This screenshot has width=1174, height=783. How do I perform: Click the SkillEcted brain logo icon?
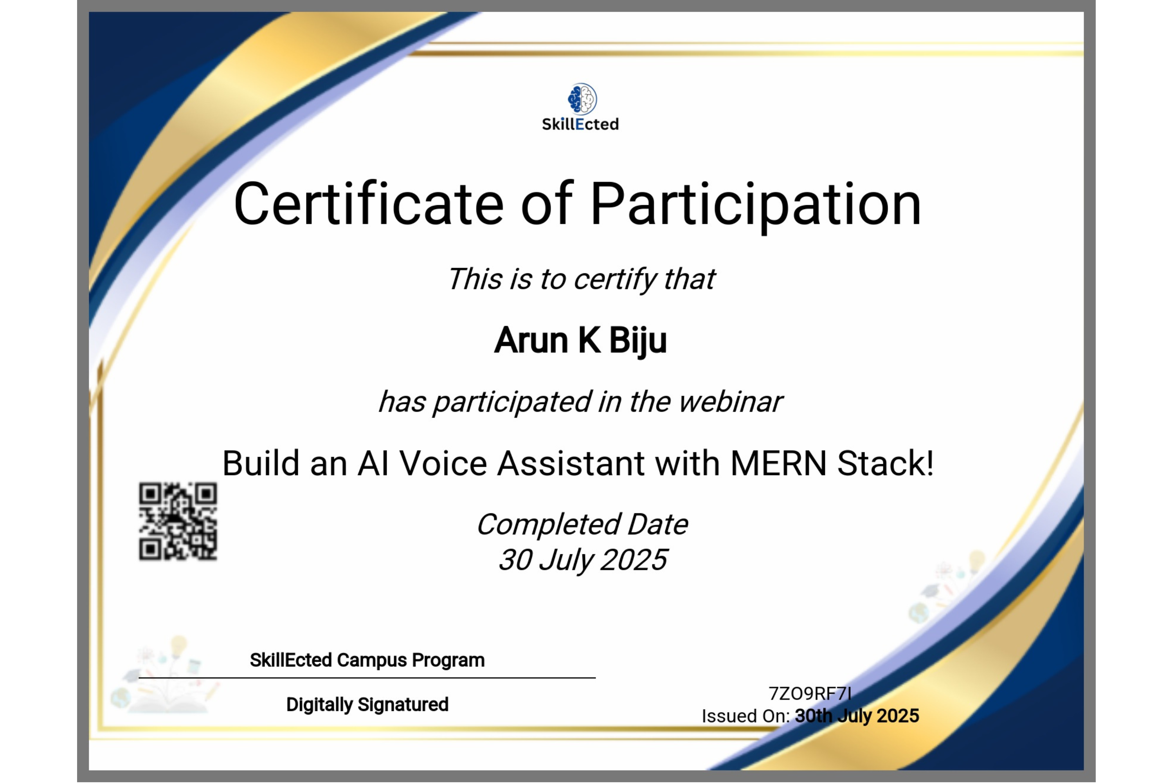coord(582,98)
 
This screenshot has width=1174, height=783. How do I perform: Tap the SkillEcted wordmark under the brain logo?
coord(580,124)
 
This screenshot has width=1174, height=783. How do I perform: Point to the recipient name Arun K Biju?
coord(580,341)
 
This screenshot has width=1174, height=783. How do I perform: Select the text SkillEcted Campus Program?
coord(367,660)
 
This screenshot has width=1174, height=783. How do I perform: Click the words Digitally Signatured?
coord(367,705)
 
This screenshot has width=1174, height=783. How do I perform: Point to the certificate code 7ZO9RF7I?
coord(810,694)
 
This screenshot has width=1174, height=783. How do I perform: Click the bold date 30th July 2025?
coord(857,716)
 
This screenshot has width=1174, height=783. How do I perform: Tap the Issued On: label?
coord(746,716)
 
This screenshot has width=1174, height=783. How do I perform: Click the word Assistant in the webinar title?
coord(571,464)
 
